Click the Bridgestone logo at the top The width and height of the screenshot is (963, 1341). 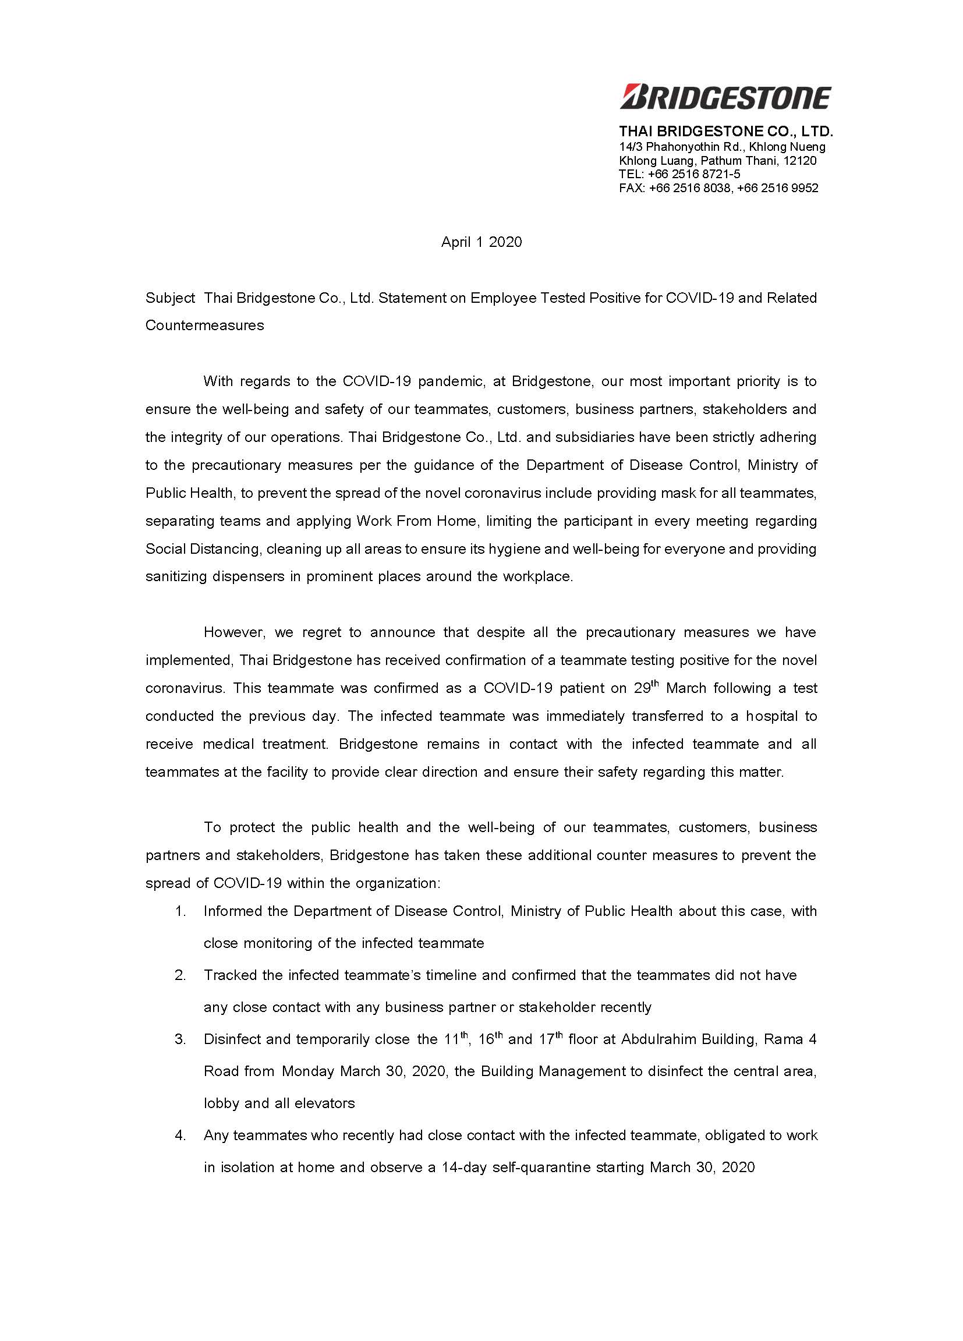coord(725,97)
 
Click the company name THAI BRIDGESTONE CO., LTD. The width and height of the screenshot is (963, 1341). coord(726,130)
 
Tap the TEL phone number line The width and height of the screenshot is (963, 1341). coord(679,174)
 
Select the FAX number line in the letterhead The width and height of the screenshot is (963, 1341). coord(718,188)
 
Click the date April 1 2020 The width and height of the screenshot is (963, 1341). coord(481,242)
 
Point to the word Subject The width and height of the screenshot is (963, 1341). coord(170,298)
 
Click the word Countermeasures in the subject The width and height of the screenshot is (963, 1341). coord(204,325)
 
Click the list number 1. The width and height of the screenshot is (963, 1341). coord(180,911)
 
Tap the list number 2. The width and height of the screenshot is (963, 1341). coord(180,975)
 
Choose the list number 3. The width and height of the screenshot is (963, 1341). coord(180,1039)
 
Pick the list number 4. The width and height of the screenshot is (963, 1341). coord(180,1135)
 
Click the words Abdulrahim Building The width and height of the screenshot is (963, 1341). coord(688,1039)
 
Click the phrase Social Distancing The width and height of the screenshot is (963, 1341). coord(202,549)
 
